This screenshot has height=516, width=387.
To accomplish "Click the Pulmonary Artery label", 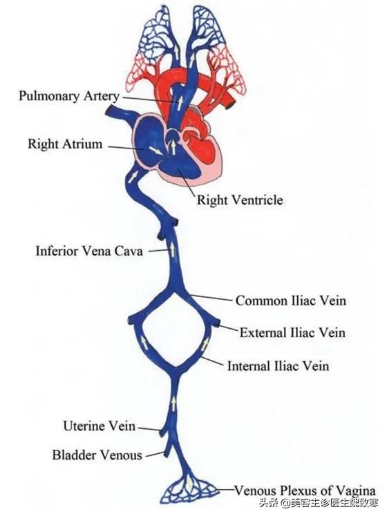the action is [x=69, y=96].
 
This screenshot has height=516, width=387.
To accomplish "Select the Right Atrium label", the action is [x=65, y=144].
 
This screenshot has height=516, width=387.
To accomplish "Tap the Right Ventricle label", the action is [x=240, y=200].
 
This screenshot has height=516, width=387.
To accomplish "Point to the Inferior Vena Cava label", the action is [x=89, y=251].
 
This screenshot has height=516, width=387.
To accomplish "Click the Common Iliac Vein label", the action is [x=291, y=300].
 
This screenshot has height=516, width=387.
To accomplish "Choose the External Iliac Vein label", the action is [x=292, y=332].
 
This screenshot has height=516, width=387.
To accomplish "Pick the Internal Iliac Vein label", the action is [x=279, y=366].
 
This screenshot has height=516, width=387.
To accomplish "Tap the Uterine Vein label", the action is [x=99, y=426].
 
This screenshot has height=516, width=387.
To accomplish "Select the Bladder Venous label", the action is [x=97, y=455].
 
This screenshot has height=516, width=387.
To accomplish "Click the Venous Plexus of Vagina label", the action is [x=305, y=490].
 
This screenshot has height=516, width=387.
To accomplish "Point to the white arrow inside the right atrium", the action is [x=155, y=151].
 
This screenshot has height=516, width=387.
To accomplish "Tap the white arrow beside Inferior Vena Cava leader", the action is [x=172, y=250].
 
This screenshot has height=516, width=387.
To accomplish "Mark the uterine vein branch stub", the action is [x=162, y=432].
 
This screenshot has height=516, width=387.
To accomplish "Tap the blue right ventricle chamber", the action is [x=180, y=169].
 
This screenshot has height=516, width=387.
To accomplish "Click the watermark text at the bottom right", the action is [x=319, y=503].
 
